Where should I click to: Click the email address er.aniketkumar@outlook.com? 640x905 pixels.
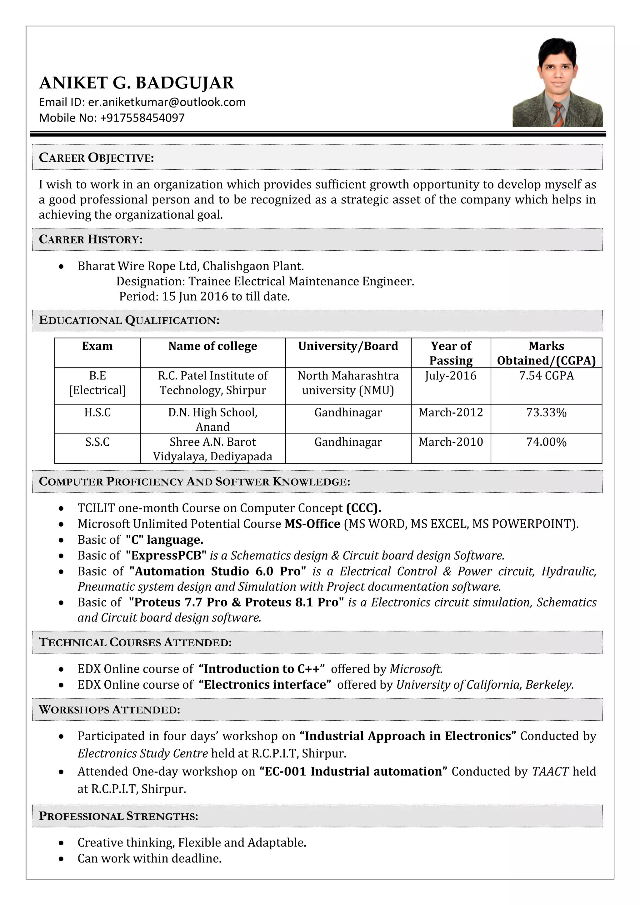click(x=166, y=102)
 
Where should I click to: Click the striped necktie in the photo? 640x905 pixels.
click(x=558, y=114)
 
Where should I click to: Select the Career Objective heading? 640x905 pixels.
click(x=97, y=158)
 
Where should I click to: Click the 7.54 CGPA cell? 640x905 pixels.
click(x=546, y=376)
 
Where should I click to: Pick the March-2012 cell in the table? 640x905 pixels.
click(x=450, y=412)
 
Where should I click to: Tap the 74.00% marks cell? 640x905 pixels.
click(x=546, y=442)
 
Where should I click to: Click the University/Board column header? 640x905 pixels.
click(x=348, y=346)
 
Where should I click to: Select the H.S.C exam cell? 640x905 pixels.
click(x=97, y=412)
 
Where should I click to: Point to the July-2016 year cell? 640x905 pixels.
click(x=450, y=376)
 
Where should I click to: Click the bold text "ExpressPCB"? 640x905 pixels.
click(x=166, y=555)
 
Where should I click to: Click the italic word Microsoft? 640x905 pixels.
click(x=416, y=669)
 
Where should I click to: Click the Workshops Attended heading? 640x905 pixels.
click(x=110, y=709)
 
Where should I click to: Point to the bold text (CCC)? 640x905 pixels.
click(x=363, y=508)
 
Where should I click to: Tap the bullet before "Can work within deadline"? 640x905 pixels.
click(x=61, y=858)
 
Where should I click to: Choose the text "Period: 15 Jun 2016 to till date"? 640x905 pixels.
click(x=205, y=297)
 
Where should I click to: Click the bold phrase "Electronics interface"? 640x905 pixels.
click(x=265, y=685)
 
